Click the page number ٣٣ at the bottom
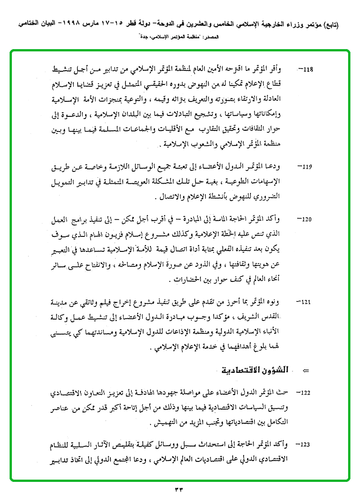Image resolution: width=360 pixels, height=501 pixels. click(178, 490)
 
